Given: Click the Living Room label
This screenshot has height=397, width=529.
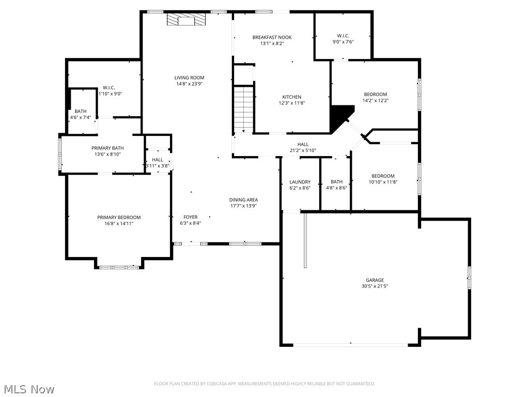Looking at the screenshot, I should (x=189, y=78).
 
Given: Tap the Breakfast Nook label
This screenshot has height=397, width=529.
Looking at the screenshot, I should (x=272, y=37).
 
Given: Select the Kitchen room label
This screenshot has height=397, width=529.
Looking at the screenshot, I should (x=291, y=97).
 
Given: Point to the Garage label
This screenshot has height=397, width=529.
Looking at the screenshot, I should (x=375, y=280).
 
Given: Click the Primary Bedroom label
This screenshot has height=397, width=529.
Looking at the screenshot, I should (x=119, y=218).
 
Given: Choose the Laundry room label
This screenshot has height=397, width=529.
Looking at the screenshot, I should (x=300, y=182).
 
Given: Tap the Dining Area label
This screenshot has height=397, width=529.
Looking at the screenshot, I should (x=243, y=200).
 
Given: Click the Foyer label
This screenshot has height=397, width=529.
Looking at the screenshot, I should (x=191, y=217).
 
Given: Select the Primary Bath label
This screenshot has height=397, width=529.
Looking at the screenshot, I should (x=107, y=148).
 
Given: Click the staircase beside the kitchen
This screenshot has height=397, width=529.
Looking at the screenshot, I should (x=243, y=110).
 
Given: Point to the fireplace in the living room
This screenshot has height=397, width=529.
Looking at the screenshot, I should (x=185, y=20).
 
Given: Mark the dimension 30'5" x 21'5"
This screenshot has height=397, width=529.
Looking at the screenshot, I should (x=375, y=286).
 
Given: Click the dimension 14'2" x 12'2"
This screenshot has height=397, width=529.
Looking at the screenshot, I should (x=376, y=100).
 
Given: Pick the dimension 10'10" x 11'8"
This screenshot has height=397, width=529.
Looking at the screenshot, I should (x=383, y=182).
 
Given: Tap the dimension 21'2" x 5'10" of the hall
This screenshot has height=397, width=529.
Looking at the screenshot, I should (x=303, y=150).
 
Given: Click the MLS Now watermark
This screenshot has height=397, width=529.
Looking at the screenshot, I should (x=29, y=389).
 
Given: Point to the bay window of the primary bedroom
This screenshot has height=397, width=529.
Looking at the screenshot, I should (x=119, y=267).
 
